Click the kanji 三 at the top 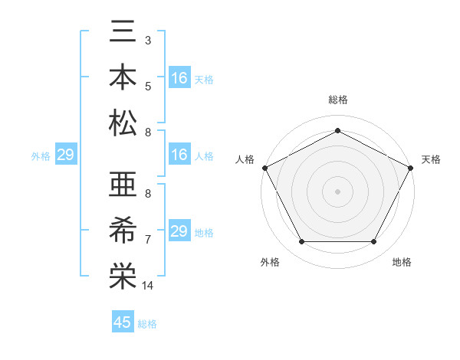[x=123, y=34]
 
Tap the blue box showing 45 [x=123, y=322]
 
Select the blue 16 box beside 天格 [x=179, y=78]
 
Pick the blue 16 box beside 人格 [x=179, y=155]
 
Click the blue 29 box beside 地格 [x=179, y=231]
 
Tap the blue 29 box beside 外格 [x=65, y=155]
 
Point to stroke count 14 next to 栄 [x=148, y=286]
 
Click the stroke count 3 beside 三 [x=147, y=39]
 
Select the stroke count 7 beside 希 [x=147, y=241]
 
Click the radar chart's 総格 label [x=337, y=100]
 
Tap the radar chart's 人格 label [x=245, y=159]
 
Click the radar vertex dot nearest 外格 [x=301, y=242]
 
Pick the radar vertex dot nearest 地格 [x=374, y=242]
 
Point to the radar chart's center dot [x=337, y=191]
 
